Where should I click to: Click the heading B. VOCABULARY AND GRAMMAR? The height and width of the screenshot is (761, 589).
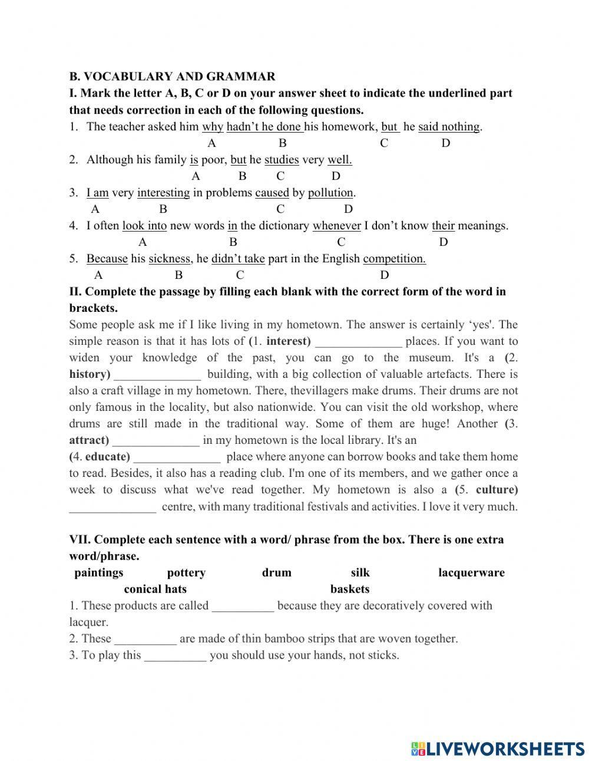172,77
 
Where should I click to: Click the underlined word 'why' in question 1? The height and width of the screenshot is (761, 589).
213,127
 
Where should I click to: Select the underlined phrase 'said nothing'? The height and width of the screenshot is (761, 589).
449,127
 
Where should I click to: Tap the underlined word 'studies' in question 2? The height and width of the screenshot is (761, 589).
282,160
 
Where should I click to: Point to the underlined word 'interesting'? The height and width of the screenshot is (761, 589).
163,193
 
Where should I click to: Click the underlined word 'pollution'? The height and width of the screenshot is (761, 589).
330,193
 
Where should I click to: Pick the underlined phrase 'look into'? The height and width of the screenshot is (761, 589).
144,226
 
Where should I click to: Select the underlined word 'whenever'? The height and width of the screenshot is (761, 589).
336,226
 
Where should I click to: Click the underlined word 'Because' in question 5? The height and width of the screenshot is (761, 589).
107,259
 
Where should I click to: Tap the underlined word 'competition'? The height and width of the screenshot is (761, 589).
394,259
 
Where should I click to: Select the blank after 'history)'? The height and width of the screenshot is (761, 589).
157,375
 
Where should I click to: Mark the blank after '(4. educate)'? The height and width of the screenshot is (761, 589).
177,457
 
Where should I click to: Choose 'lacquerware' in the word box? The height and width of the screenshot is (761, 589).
471,573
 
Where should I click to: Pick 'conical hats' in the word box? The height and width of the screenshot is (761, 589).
155,589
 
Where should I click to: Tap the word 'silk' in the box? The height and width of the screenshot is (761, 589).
360,573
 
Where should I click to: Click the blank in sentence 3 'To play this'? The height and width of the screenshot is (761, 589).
175,655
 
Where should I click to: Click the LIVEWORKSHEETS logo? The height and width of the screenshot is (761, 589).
498,748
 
